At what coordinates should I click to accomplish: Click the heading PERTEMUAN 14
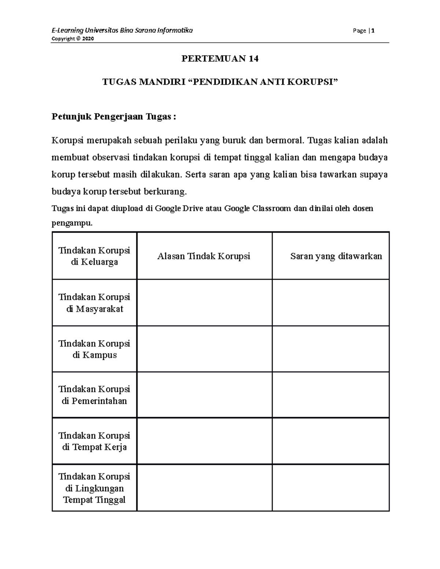coord(220,59)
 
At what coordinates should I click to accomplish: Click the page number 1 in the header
coord(373,31)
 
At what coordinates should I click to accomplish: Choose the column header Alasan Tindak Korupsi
coord(203,256)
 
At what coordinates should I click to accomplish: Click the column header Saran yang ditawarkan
coord(336,256)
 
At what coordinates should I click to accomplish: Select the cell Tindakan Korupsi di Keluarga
coord(94,256)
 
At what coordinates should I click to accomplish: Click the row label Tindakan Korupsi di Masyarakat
coord(94,303)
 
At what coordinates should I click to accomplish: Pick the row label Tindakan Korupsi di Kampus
coord(94,349)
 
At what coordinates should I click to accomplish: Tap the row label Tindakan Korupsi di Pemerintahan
coord(94,395)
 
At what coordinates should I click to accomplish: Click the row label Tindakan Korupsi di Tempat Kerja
coord(94,441)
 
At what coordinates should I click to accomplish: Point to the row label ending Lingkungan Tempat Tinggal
coord(94,488)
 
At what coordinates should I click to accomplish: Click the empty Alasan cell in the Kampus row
coord(204,349)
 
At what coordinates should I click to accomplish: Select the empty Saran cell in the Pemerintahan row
coord(330,395)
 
